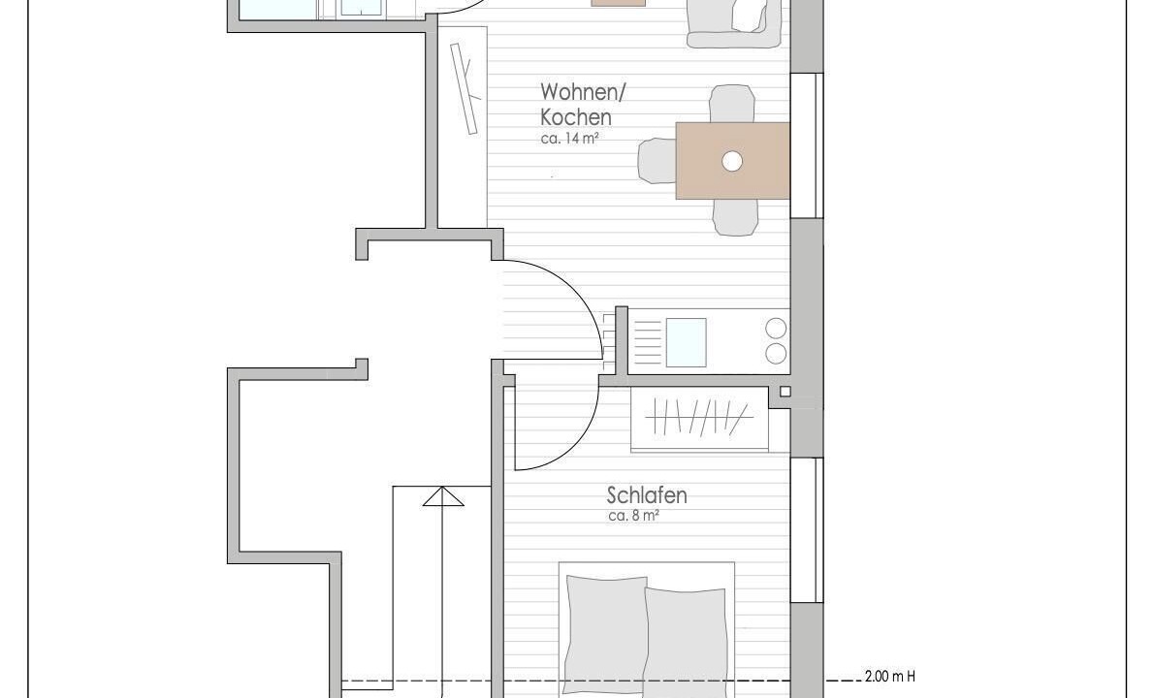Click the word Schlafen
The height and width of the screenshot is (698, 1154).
pyautogui.click(x=647, y=495)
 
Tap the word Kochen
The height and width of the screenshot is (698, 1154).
pyautogui.click(x=575, y=117)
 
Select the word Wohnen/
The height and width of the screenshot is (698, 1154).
pyautogui.click(x=583, y=92)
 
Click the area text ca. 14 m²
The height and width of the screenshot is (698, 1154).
pyautogui.click(x=569, y=138)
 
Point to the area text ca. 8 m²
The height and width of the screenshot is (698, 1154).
pyautogui.click(x=633, y=516)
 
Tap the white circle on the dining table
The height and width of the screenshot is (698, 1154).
pyautogui.click(x=732, y=161)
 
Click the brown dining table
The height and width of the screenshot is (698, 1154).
pyautogui.click(x=733, y=160)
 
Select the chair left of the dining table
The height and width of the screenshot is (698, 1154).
pyautogui.click(x=657, y=160)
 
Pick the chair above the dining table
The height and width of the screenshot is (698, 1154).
pyautogui.click(x=732, y=104)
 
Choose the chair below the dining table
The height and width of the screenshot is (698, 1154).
pyautogui.click(x=735, y=217)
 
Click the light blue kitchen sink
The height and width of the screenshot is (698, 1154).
pyautogui.click(x=686, y=342)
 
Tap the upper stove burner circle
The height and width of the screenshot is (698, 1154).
pyautogui.click(x=776, y=328)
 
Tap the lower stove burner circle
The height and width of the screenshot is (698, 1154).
pyautogui.click(x=776, y=354)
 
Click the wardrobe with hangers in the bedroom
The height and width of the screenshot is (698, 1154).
pyautogui.click(x=700, y=419)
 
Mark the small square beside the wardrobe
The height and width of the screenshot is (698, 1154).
pyautogui.click(x=785, y=392)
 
